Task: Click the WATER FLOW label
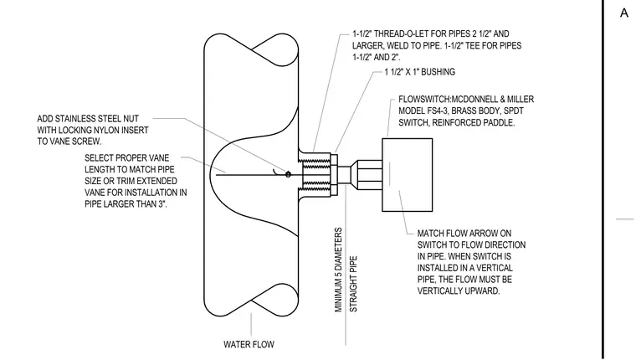click(x=249, y=344)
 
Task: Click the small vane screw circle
click(x=288, y=174)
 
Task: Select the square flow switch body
click(x=408, y=174)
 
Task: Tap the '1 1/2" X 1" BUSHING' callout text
click(x=420, y=72)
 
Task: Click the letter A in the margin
click(x=624, y=13)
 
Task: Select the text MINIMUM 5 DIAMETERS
click(x=339, y=270)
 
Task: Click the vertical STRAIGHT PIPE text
click(x=354, y=284)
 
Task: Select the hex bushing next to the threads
click(x=334, y=174)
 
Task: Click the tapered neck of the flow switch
click(x=367, y=175)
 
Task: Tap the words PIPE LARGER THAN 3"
click(x=126, y=203)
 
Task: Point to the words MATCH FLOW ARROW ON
click(x=464, y=234)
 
